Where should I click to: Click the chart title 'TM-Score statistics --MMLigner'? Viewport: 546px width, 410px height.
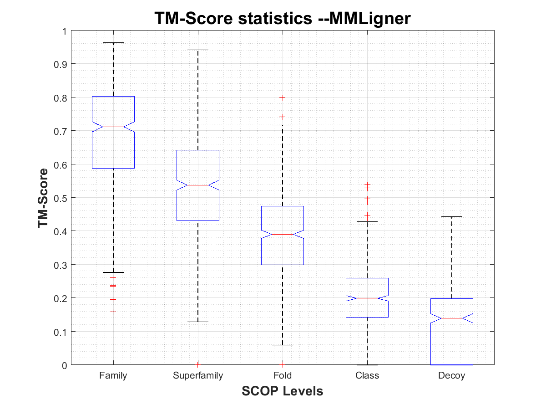coord(283,19)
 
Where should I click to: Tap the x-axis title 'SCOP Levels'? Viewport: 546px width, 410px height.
coord(283,391)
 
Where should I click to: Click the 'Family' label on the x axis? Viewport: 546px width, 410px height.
coord(113,376)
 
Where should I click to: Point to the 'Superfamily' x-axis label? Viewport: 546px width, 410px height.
coord(198,376)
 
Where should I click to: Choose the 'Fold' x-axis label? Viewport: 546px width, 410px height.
coord(283,376)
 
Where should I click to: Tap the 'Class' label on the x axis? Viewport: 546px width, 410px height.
coord(367,376)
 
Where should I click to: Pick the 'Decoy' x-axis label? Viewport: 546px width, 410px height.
coord(452,376)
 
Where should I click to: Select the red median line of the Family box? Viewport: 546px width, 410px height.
coord(113,127)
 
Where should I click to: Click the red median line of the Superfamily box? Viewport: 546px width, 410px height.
coord(198,185)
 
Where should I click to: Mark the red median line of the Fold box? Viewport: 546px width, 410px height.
coord(283,234)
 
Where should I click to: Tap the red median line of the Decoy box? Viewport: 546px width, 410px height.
coord(452,318)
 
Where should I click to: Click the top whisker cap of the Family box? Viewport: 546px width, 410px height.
coord(113,42)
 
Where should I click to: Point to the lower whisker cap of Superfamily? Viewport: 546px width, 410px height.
coord(198,322)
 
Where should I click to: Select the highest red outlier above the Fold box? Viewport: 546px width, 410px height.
coord(283,97)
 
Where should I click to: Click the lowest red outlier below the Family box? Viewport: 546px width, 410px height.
coord(113,312)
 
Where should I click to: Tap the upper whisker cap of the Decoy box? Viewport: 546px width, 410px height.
coord(452,217)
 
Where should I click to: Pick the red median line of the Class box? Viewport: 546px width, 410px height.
coord(367,298)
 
